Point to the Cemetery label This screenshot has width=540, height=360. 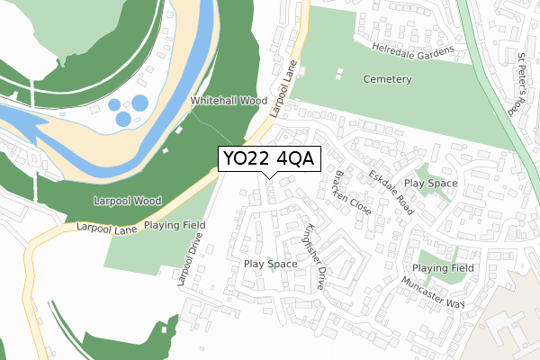[387, 79]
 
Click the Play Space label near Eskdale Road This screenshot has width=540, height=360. [431, 184]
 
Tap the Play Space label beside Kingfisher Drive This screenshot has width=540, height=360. [270, 264]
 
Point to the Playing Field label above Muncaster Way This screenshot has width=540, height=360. [443, 268]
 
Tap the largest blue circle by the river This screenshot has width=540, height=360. [140, 103]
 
